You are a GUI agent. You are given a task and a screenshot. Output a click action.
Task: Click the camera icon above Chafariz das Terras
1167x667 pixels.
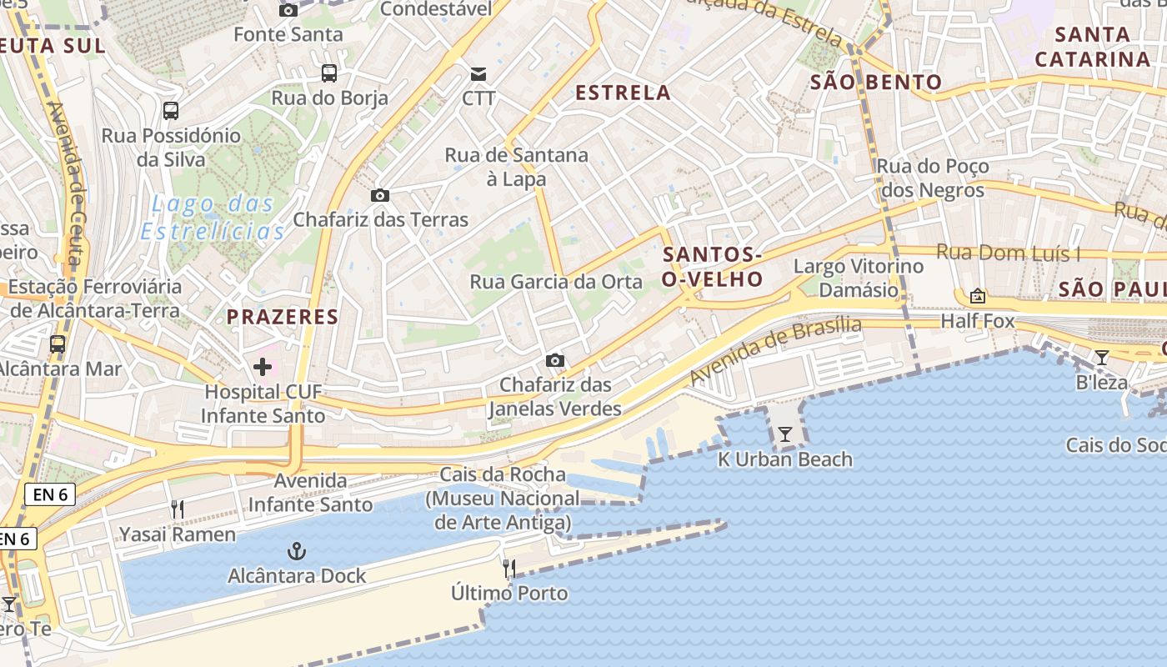point(379,196)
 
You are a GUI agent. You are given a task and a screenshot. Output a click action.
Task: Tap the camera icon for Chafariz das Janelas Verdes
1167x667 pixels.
point(554,360)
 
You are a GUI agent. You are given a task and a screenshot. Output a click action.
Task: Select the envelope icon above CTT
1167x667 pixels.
point(478,74)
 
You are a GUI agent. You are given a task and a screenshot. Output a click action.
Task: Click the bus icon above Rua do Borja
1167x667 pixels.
point(329,73)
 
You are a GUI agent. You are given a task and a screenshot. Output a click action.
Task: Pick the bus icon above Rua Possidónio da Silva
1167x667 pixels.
point(171,110)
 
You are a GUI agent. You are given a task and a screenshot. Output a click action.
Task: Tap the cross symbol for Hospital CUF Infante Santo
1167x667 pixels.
point(263,366)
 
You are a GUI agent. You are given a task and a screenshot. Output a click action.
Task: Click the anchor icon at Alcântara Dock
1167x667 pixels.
point(296,551)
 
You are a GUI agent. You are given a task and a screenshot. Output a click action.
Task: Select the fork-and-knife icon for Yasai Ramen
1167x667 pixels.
point(177,509)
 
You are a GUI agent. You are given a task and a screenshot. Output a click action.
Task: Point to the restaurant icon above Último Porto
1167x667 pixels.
point(508,569)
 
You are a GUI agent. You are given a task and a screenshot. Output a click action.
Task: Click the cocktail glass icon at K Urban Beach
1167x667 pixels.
point(784,434)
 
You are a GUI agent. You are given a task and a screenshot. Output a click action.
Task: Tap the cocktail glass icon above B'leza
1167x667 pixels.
point(1102,358)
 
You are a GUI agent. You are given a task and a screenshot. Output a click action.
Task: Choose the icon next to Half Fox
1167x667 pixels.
point(977,296)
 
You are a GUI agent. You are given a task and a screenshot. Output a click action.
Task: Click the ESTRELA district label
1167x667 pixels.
point(624,93)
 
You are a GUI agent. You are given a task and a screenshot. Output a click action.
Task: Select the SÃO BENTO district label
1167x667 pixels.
point(876,83)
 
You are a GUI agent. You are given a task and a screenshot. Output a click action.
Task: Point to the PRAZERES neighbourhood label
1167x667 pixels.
point(283,317)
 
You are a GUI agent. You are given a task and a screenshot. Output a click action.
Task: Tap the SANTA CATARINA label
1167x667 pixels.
point(1092,47)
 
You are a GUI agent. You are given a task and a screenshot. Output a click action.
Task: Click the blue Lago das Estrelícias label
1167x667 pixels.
point(213,217)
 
